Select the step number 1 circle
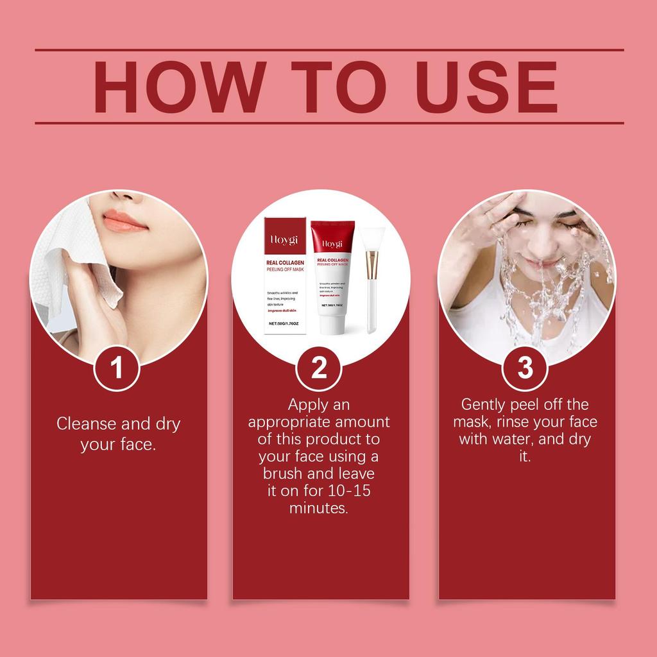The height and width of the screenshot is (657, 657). pos(117,368)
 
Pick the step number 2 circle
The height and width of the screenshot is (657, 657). pos(319,368)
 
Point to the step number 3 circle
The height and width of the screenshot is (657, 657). pos(525,368)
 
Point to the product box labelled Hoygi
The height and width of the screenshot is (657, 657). pos(284,276)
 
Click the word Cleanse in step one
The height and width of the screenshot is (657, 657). pos(86,424)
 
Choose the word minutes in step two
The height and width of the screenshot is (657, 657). pos(319,508)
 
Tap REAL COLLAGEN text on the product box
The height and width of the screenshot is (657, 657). pos(284,262)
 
